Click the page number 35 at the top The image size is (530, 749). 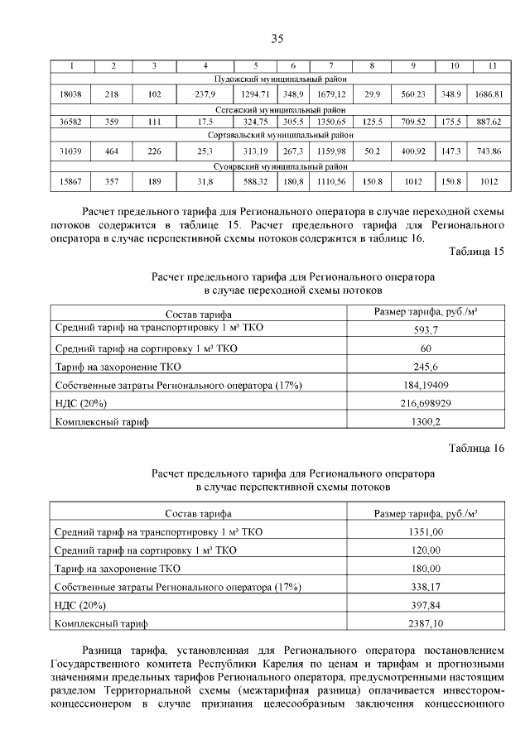click(277, 39)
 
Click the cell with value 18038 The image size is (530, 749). click(72, 94)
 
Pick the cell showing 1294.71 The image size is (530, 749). click(255, 94)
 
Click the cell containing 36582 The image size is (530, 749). click(72, 122)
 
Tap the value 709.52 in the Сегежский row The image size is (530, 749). click(412, 122)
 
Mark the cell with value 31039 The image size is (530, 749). click(72, 151)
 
